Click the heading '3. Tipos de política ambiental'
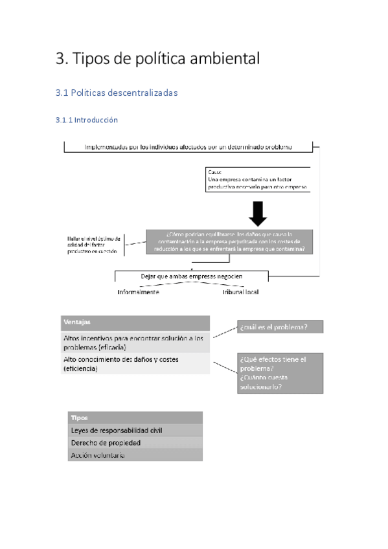pyautogui.click(x=158, y=59)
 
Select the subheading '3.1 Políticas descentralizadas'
pyautogui.click(x=117, y=93)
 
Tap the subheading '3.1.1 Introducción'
pyautogui.click(x=87, y=120)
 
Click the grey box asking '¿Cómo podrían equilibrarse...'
pyautogui.click(x=229, y=242)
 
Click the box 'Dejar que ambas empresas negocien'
pyautogui.click(x=192, y=276)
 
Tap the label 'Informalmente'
pyautogui.click(x=139, y=292)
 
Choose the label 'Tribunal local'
pyautogui.click(x=241, y=292)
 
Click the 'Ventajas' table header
pyautogui.click(x=135, y=322)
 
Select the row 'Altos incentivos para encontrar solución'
pyautogui.click(x=135, y=342)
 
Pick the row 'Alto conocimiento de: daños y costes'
pyautogui.click(x=135, y=363)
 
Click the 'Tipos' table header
pyautogui.click(x=135, y=418)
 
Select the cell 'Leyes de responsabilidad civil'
pyautogui.click(x=135, y=430)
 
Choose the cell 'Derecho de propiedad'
pyautogui.click(x=135, y=443)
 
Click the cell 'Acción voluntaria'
pyautogui.click(x=135, y=455)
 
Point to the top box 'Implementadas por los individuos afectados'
pyautogui.click(x=188, y=147)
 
